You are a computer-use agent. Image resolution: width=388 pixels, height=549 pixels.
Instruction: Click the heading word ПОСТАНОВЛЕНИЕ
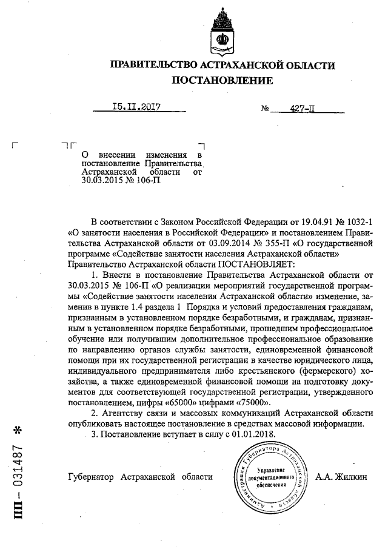click(x=222, y=80)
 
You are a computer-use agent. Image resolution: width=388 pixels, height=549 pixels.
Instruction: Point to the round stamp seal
click(x=271, y=477)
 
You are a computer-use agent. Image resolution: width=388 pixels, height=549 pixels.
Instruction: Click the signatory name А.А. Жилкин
click(x=341, y=477)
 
